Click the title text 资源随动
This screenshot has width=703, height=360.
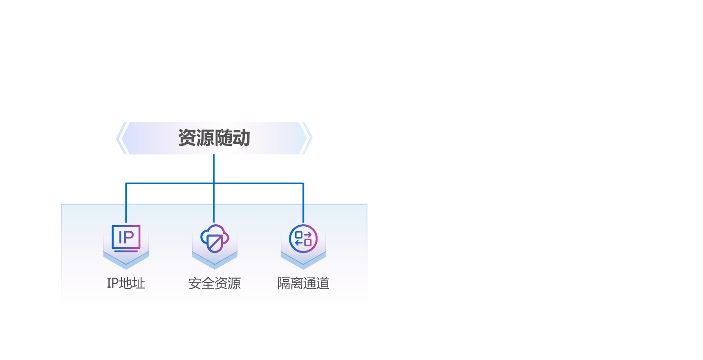point(214,138)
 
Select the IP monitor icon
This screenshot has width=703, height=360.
point(126,238)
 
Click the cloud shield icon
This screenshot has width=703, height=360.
point(215,238)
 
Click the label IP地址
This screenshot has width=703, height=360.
point(126,283)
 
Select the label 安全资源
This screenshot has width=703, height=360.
point(215,283)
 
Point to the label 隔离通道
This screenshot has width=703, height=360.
point(303,283)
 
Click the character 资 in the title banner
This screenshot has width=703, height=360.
point(187,138)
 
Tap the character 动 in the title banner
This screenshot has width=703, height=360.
point(241,138)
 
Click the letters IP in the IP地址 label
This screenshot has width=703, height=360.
point(113,283)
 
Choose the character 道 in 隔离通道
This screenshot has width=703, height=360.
point(323,283)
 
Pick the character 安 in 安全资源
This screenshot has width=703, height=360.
point(195,283)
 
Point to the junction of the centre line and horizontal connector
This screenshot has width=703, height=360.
point(214,183)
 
